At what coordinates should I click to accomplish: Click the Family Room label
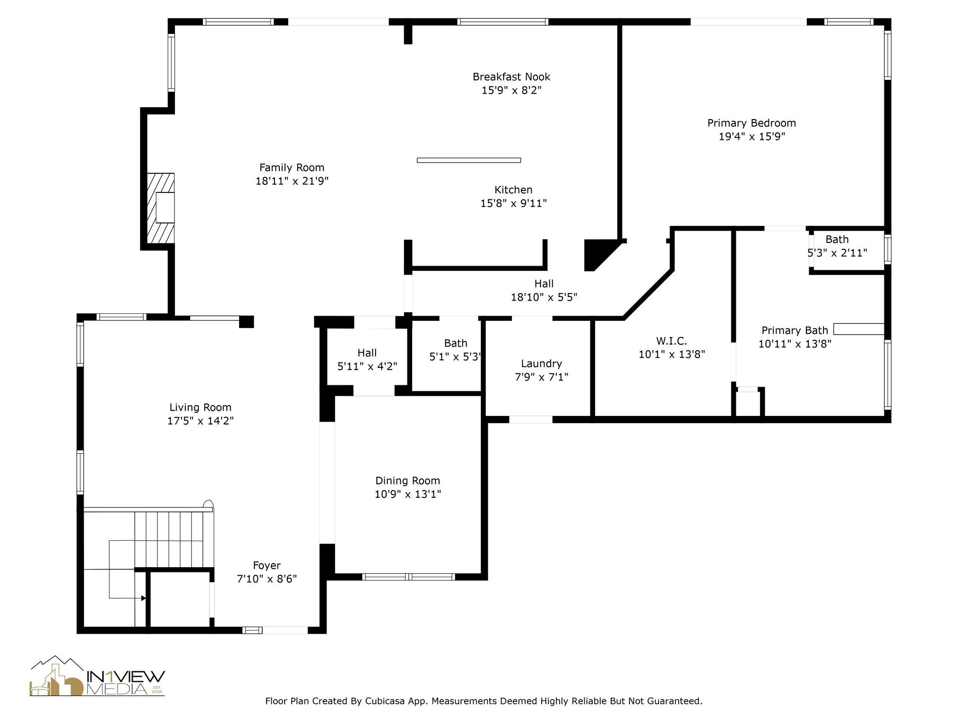(292, 167)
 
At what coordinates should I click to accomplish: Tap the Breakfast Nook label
(511, 77)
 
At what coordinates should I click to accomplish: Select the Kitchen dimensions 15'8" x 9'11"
(513, 203)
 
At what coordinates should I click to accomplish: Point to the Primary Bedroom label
(752, 123)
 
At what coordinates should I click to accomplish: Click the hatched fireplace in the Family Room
(160, 208)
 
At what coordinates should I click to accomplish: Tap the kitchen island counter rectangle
(469, 160)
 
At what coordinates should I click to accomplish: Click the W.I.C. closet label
(671, 341)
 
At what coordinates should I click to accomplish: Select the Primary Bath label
(795, 330)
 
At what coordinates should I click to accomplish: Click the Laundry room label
(541, 363)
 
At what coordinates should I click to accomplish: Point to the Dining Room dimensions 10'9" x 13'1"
(407, 494)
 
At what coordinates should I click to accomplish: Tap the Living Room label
(200, 407)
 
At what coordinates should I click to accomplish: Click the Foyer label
(267, 565)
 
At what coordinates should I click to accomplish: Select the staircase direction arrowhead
(143, 598)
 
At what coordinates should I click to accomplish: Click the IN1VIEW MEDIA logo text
(126, 683)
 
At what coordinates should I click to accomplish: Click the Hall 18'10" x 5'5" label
(544, 290)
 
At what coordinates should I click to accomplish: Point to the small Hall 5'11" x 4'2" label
(367, 359)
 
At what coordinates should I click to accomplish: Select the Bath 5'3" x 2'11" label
(837, 246)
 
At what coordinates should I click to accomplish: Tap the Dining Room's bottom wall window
(408, 577)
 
